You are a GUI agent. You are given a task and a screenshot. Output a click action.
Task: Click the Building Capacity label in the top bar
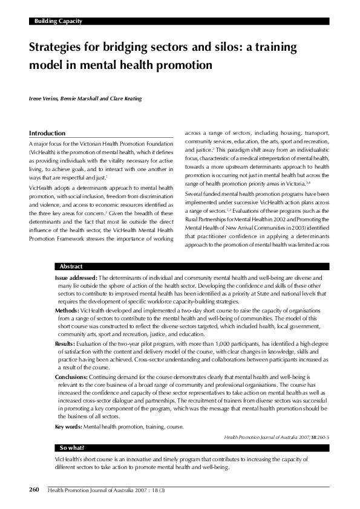(x=57, y=21)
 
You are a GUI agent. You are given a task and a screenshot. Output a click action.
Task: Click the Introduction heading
(x=47, y=133)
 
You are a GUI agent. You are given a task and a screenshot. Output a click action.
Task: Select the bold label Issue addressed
(x=71, y=276)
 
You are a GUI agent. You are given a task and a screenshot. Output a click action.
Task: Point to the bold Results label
(x=65, y=343)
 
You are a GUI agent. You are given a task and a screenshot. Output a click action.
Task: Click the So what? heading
(x=72, y=448)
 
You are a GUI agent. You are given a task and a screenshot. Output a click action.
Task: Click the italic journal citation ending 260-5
(x=277, y=436)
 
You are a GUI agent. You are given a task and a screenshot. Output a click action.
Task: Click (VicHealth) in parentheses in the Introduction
(x=44, y=153)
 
